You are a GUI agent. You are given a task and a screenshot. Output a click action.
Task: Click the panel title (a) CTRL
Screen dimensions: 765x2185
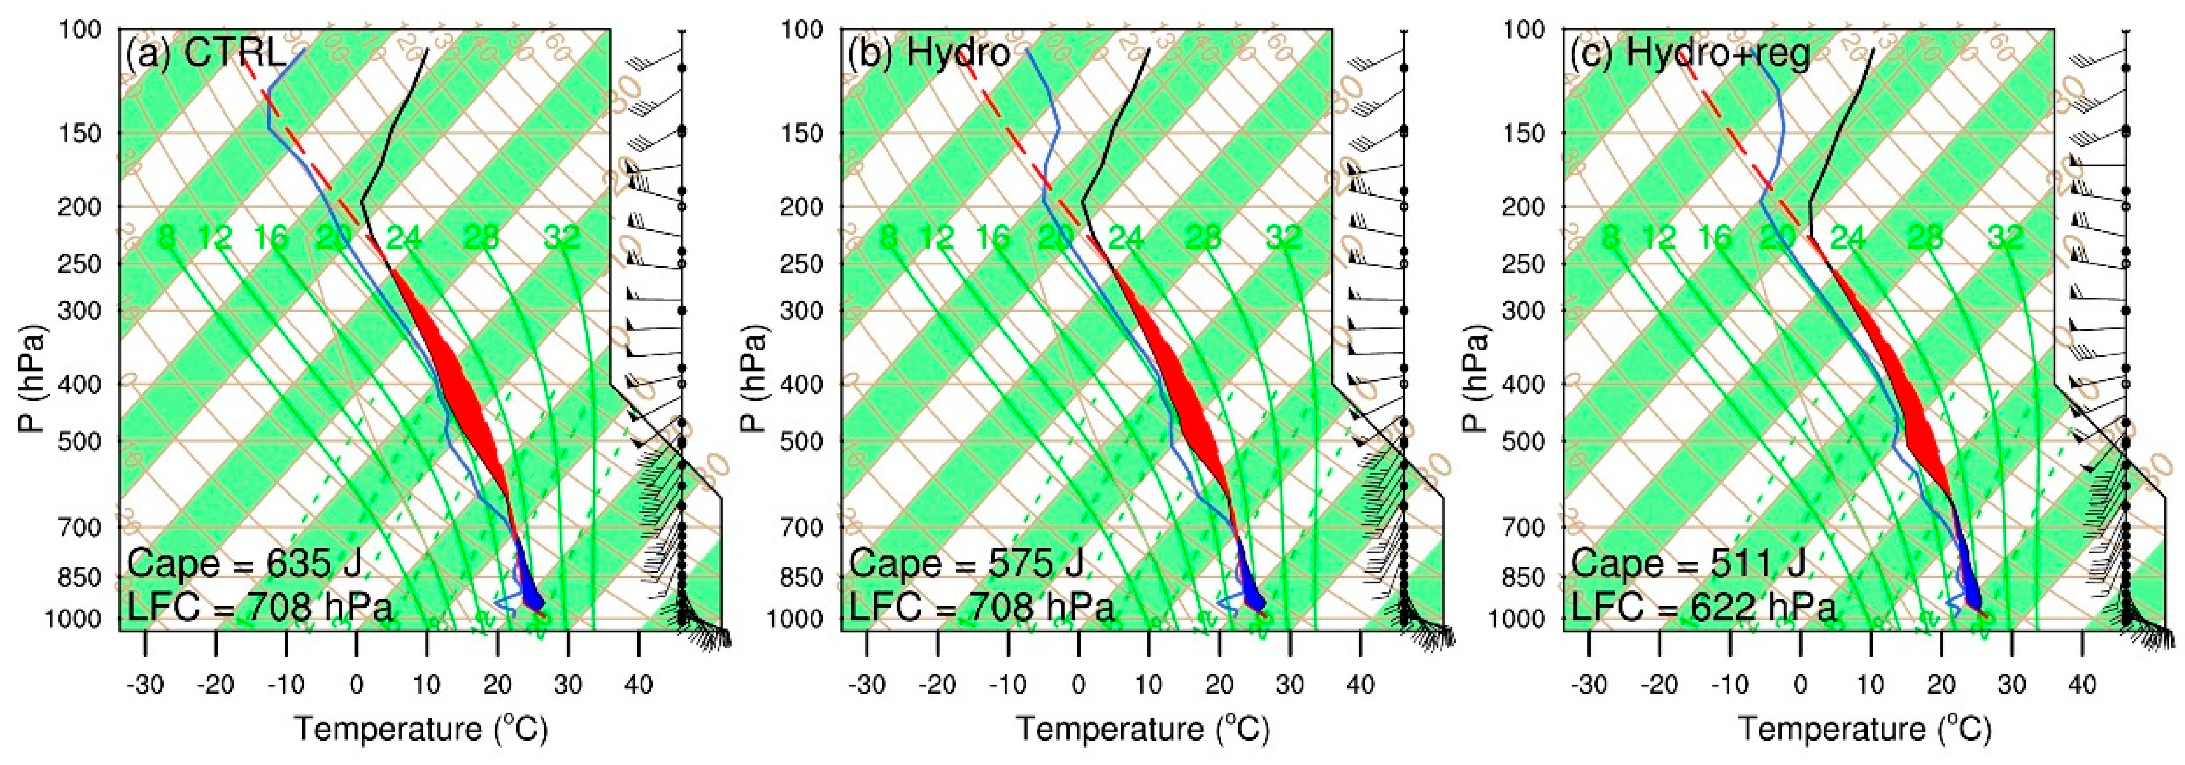(x=206, y=54)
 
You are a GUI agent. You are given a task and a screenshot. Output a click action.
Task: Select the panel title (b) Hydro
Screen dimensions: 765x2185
(x=929, y=54)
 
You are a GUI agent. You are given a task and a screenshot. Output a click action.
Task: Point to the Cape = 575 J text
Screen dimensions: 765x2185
(x=966, y=563)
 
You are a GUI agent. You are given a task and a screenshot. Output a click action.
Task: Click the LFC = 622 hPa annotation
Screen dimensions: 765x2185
(x=1703, y=607)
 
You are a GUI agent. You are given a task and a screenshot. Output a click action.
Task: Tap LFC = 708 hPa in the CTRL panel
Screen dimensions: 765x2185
(x=261, y=607)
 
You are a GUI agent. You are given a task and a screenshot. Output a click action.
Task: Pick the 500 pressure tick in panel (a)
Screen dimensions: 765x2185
(x=80, y=441)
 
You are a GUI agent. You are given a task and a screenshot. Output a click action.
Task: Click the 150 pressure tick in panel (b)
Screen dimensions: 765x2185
(x=802, y=133)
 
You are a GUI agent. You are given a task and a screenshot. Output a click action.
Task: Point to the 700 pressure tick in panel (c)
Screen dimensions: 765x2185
(x=1524, y=527)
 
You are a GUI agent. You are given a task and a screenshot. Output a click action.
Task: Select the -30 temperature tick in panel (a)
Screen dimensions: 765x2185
(x=144, y=684)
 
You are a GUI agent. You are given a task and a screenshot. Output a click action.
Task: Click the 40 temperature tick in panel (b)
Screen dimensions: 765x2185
(x=1360, y=684)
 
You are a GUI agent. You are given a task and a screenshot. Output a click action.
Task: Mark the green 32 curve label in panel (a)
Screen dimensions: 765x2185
(x=562, y=238)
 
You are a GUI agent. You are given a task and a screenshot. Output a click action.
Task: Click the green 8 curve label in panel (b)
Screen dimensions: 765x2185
(x=888, y=238)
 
